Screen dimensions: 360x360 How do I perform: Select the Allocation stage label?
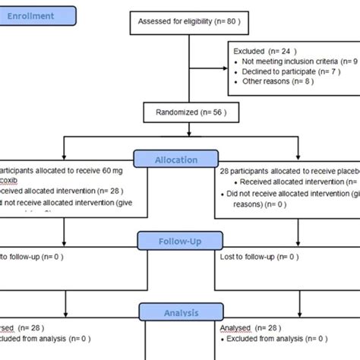(x=178, y=160)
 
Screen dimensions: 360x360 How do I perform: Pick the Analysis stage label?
(x=178, y=311)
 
